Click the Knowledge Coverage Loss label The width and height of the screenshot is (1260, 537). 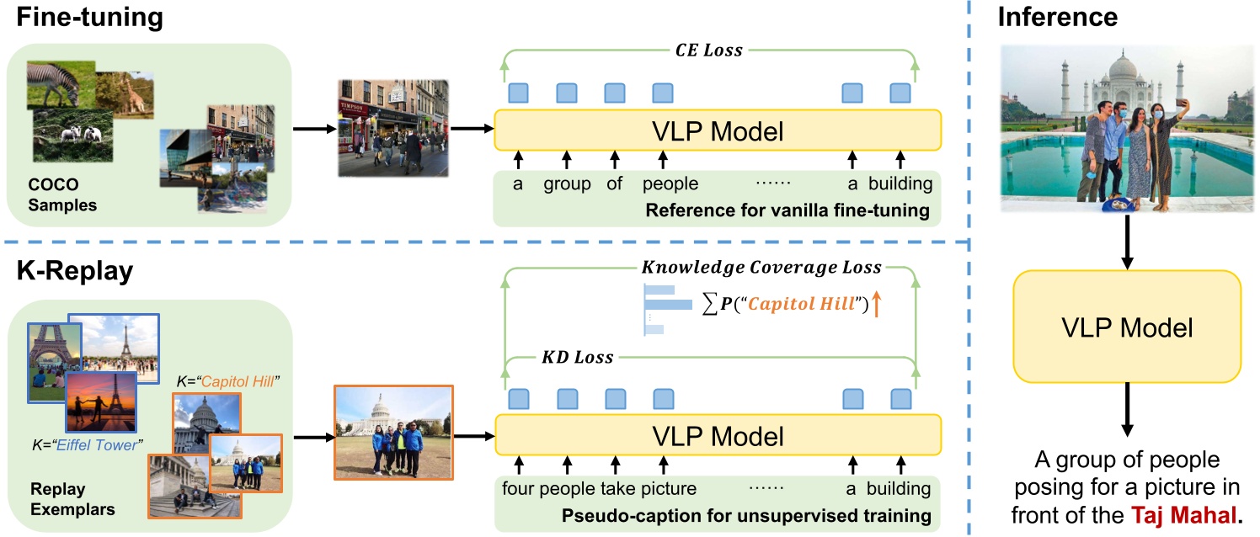point(761,267)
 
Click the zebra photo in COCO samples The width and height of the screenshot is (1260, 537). point(55,82)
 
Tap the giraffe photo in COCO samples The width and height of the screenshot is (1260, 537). point(124,93)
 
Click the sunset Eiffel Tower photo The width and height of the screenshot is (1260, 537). point(101,402)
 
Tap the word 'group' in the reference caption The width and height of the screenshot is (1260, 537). point(566,183)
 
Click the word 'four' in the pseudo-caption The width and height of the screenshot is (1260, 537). point(519,489)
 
